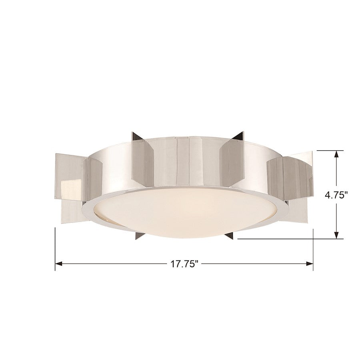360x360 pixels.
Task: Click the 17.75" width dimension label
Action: point(184,264)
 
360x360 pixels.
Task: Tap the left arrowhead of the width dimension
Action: point(59,264)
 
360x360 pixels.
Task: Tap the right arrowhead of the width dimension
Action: point(310,264)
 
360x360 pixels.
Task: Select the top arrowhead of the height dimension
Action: point(336,154)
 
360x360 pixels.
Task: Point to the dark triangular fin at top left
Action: point(138,136)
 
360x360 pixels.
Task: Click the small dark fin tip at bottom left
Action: point(139,236)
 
